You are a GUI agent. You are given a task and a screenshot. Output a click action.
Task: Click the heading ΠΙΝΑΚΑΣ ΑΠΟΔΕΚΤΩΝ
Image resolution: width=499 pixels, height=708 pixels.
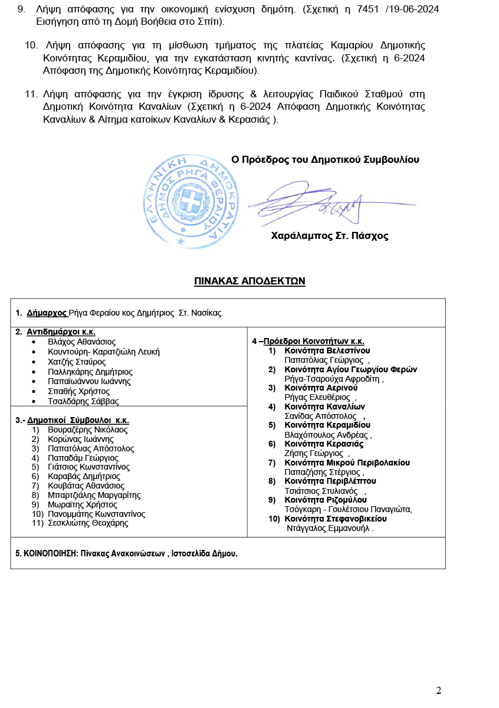(249, 281)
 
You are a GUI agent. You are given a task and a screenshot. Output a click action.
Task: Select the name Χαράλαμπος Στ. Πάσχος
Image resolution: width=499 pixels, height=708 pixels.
(329, 236)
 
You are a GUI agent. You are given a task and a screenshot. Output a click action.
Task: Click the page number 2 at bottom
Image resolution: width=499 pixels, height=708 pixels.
(438, 691)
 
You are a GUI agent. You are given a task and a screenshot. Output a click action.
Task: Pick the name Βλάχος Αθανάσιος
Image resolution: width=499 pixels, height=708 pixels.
(81, 342)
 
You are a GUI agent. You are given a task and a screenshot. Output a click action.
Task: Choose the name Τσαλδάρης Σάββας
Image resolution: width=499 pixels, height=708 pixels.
(83, 401)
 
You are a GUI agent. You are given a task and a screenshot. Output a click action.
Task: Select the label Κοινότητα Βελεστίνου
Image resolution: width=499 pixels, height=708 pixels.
(327, 350)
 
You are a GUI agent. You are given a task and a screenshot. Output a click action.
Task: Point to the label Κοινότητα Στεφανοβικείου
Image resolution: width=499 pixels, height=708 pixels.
(335, 519)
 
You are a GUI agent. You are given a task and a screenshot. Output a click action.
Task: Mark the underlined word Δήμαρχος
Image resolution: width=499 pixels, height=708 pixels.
(47, 313)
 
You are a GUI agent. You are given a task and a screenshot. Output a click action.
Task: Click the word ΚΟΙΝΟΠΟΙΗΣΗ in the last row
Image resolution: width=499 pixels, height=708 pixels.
(50, 553)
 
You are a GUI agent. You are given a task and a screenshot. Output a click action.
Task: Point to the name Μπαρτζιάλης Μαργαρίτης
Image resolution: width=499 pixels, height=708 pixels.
(94, 495)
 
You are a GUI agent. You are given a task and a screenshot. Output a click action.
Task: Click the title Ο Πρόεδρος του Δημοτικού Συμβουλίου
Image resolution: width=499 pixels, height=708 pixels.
(325, 159)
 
